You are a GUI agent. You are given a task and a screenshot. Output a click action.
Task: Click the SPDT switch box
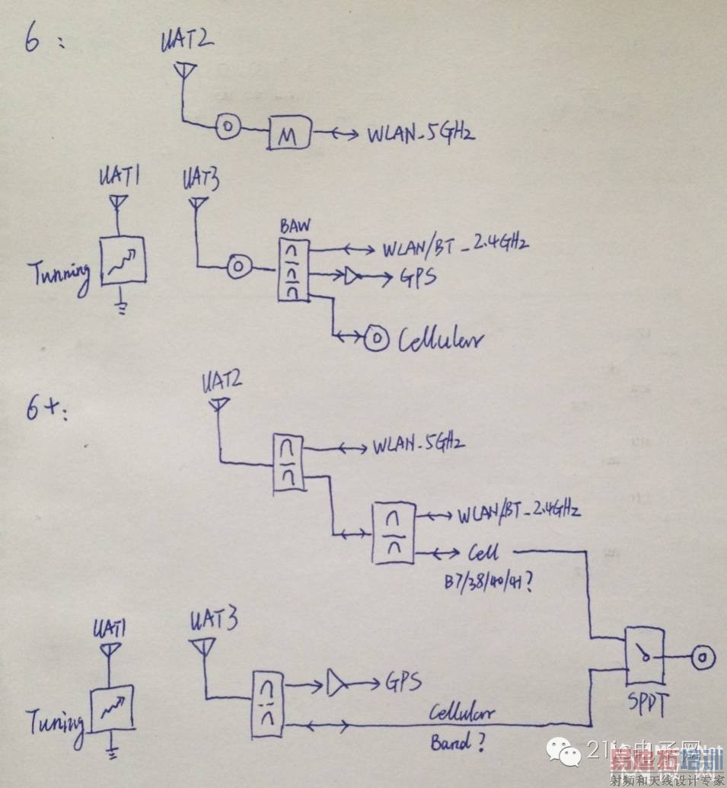(644, 656)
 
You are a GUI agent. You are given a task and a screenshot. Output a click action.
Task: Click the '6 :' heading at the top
(42, 40)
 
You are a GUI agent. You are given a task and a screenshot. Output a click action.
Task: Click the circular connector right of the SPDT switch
(701, 656)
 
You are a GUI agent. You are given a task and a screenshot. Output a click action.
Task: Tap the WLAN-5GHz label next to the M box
(422, 134)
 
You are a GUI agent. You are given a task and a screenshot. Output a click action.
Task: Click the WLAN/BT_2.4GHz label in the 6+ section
(518, 511)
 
